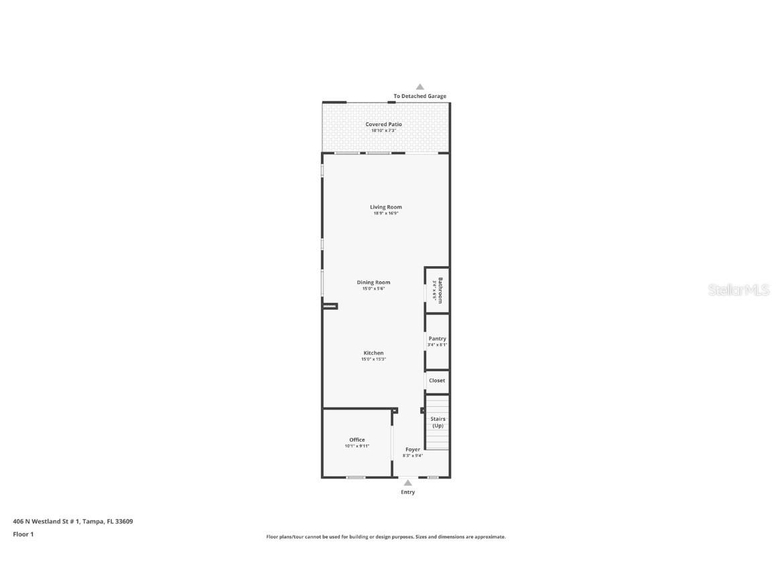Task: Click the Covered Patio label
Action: [384, 124]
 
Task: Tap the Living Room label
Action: [386, 207]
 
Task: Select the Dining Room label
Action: [373, 282]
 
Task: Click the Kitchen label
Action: [373, 353]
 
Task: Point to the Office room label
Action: [357, 440]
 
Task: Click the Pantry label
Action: [437, 338]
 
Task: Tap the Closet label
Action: [437, 381]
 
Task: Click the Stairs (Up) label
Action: [438, 422]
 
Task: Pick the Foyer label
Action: [413, 450]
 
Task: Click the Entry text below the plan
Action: [407, 493]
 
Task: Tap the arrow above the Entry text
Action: [407, 482]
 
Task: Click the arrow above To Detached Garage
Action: [420, 86]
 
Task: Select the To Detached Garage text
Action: [420, 96]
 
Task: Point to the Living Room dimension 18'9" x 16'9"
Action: [386, 214]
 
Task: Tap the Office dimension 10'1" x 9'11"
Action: [357, 446]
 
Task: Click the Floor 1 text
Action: [23, 534]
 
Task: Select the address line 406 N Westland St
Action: [72, 521]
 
